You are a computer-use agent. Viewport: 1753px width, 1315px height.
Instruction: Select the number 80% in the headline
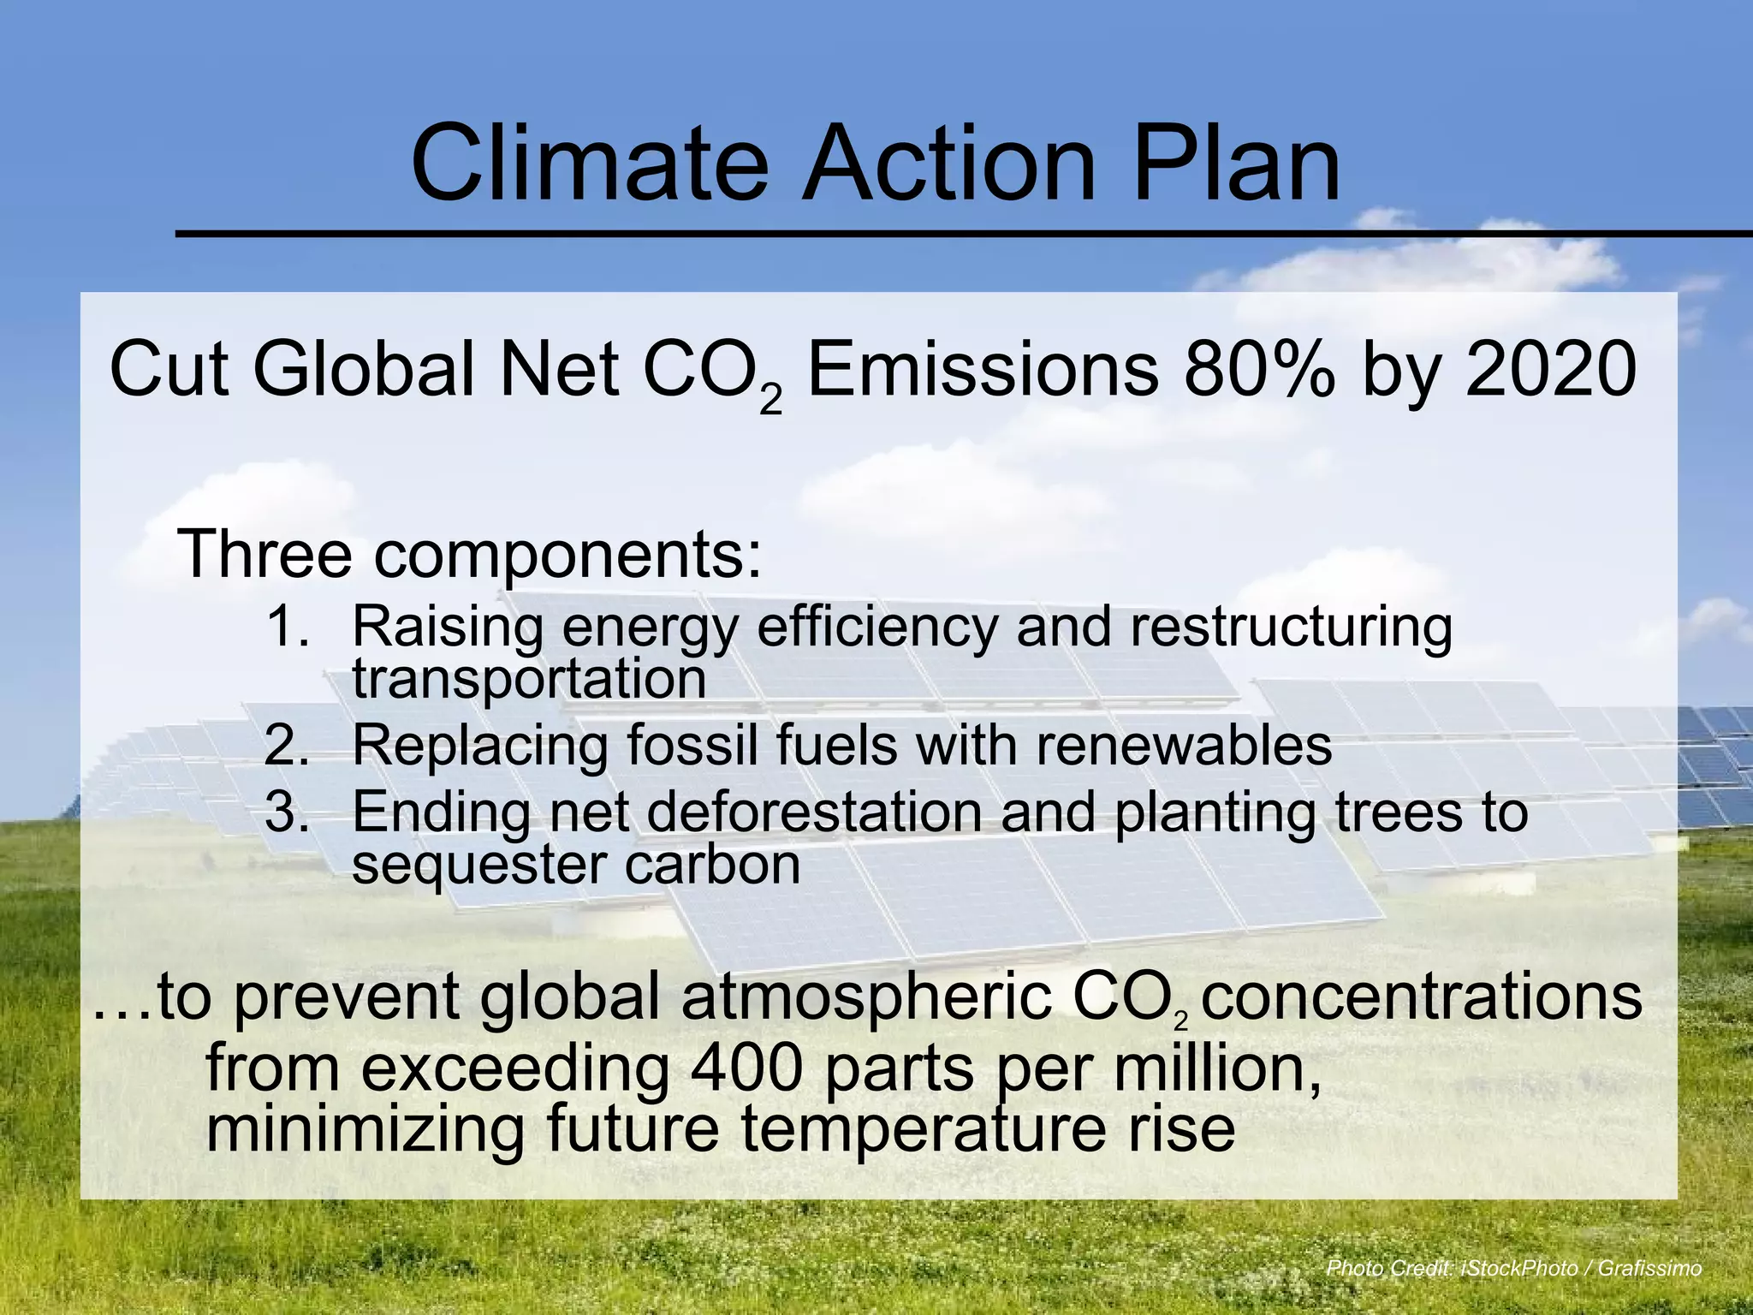click(x=1258, y=370)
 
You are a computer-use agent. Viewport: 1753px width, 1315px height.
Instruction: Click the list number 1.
click(x=287, y=626)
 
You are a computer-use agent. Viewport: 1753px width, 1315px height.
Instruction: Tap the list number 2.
click(x=287, y=745)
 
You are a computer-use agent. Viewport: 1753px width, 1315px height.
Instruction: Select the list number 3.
click(x=287, y=811)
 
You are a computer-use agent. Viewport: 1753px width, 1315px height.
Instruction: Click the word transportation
click(x=529, y=678)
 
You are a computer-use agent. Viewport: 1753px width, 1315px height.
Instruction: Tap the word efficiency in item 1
click(x=876, y=626)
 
